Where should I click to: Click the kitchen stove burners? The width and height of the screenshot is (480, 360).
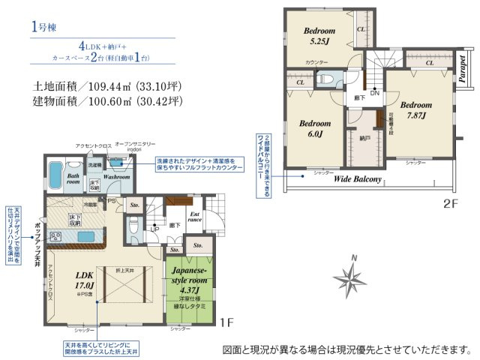pos(55,238)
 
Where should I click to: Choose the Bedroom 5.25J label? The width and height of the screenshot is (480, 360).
pos(319,36)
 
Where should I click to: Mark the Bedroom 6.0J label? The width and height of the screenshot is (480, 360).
pos(314,128)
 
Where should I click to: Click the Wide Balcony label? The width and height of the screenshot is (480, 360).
pos(358,180)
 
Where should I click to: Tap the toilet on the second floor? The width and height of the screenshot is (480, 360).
pos(327,78)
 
